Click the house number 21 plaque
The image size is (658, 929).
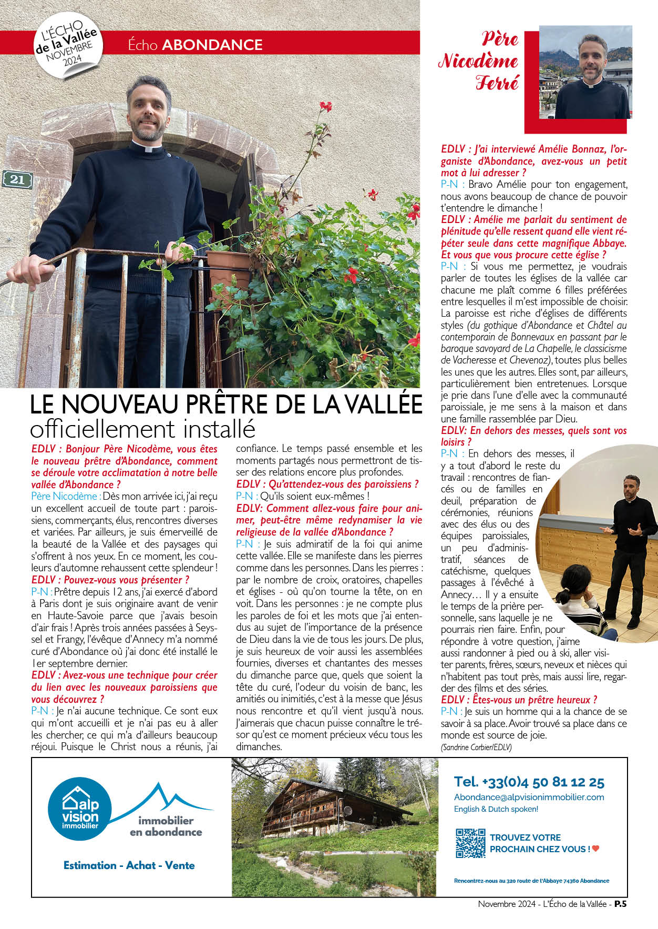(17, 179)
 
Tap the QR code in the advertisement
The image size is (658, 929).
(470, 843)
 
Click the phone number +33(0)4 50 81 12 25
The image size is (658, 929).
(529, 782)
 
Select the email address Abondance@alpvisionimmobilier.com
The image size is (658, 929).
(529, 797)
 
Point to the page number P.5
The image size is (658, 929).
(620, 904)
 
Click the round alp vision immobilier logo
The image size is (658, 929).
(80, 809)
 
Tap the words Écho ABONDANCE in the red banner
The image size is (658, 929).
(195, 45)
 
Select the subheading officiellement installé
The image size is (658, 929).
(142, 429)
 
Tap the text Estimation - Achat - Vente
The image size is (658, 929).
(129, 865)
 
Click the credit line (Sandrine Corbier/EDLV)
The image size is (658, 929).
(476, 747)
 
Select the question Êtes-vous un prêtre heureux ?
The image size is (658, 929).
(519, 700)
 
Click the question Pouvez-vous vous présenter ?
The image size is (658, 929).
(110, 580)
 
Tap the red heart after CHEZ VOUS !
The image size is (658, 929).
(595, 849)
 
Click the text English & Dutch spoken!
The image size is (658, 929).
(496, 809)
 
